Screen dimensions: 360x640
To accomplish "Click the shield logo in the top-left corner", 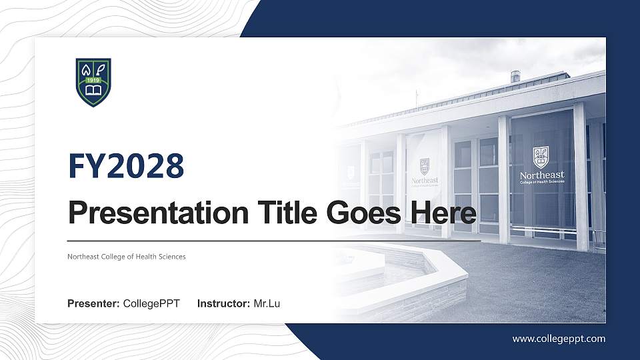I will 93,82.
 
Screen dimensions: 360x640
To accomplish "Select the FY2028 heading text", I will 126,165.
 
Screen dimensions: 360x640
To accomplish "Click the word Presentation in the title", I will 158,213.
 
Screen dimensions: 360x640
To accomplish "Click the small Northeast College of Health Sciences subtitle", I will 126,257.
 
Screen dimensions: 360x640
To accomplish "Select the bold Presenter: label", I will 93,304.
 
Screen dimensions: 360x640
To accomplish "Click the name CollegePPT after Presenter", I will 151,304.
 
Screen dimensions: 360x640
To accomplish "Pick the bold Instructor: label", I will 224,304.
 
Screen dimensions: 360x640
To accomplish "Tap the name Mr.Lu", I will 267,304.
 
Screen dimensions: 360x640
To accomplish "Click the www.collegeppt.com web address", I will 559,339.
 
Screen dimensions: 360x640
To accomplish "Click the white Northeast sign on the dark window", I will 541,175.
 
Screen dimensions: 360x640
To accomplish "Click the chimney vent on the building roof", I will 515,76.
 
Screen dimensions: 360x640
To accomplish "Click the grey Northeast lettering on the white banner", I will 425,180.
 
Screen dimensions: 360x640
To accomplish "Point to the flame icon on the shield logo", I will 86,69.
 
